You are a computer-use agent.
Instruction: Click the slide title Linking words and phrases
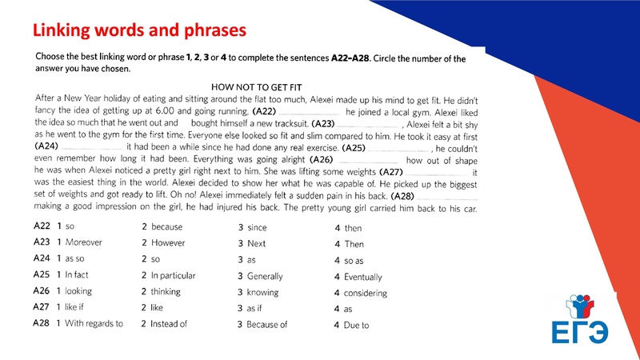tap(138, 31)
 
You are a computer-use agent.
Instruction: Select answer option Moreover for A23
tap(83, 243)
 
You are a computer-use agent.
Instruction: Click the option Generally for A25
tap(265, 276)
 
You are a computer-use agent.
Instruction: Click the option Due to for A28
tap(356, 325)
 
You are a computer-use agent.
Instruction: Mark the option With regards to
tap(94, 325)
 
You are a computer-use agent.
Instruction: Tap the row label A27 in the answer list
tap(42, 308)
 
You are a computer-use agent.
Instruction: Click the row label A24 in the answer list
tap(42, 259)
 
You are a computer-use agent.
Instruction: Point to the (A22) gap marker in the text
tap(264, 112)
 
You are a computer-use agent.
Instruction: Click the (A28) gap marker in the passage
tap(402, 196)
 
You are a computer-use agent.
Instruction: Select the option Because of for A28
tap(267, 325)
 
